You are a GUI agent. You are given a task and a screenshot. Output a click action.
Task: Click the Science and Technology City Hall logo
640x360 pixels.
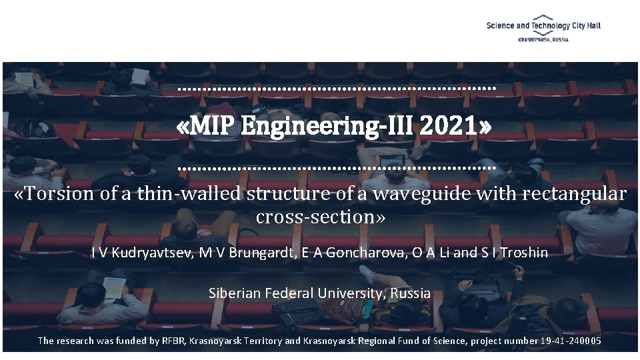[543, 25]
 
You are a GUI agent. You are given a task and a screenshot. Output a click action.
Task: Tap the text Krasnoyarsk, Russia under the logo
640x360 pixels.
[543, 40]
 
